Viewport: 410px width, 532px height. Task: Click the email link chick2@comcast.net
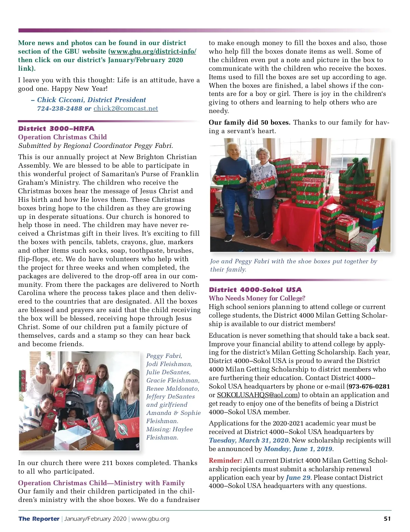coord(126,109)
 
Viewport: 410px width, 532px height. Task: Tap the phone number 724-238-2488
coord(59,109)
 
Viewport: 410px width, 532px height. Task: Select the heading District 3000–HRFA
coord(56,129)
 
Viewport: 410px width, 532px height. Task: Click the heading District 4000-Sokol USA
coord(255,290)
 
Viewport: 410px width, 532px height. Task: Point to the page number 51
coord(387,519)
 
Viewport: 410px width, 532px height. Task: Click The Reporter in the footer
coord(39,519)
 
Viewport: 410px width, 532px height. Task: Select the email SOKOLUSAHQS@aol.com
coord(257,395)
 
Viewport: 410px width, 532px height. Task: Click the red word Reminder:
coord(225,461)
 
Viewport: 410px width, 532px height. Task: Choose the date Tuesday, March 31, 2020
coord(249,440)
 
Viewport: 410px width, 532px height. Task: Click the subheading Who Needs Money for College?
coord(257,298)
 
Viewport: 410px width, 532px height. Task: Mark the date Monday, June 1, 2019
coord(298,449)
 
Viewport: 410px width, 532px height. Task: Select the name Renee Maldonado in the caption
coord(172,389)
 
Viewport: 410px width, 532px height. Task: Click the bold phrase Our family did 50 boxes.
coord(249,123)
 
